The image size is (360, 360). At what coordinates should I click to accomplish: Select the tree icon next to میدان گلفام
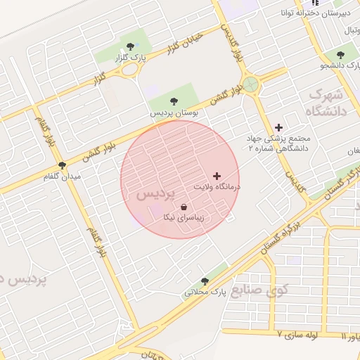click(63, 166)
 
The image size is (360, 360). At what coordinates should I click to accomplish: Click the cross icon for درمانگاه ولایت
click(217, 175)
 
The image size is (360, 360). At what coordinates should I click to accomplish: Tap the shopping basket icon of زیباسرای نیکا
click(184, 207)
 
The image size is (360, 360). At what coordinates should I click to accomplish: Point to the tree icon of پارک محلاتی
click(205, 281)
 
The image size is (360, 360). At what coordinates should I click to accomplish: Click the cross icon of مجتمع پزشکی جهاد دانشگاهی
click(279, 127)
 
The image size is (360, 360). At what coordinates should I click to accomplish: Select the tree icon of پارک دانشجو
click(341, 55)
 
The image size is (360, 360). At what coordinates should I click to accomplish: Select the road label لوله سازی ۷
click(305, 335)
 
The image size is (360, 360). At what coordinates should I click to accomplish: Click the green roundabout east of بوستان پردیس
click(251, 86)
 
